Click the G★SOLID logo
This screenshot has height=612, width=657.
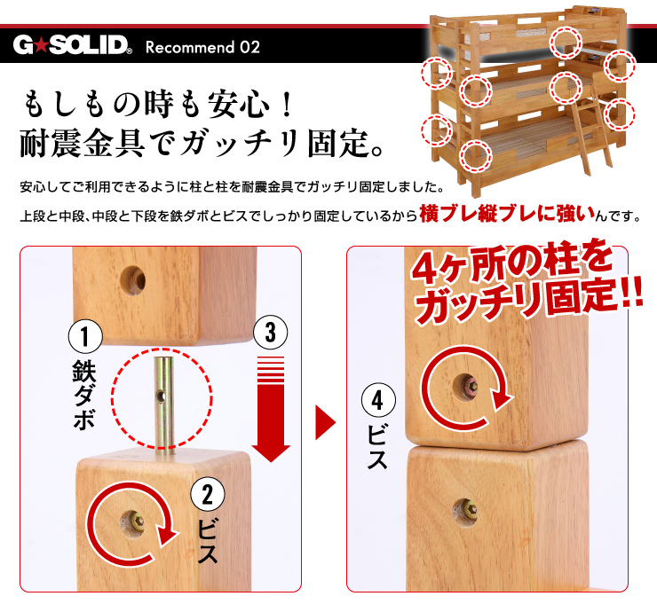(x=73, y=45)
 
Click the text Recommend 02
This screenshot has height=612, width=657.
(x=202, y=47)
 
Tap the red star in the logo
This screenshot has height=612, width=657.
(x=42, y=45)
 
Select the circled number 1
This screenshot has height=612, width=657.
(x=85, y=336)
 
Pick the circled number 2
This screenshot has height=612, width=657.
(x=208, y=494)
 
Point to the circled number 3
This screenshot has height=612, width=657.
(x=270, y=333)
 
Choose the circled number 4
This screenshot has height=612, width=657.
(x=378, y=399)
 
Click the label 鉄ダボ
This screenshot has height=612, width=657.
(x=84, y=395)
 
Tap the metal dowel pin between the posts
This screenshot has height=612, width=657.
(x=164, y=404)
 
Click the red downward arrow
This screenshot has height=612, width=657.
(x=271, y=409)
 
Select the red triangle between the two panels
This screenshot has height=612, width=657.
(x=326, y=422)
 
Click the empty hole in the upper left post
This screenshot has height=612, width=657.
(x=133, y=280)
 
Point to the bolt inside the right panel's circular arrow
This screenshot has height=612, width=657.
(x=471, y=385)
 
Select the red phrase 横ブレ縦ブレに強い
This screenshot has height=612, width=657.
(x=508, y=214)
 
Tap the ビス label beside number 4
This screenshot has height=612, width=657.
(x=377, y=445)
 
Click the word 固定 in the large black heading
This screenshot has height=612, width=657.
(x=339, y=143)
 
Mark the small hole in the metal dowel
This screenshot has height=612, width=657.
(x=161, y=396)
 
